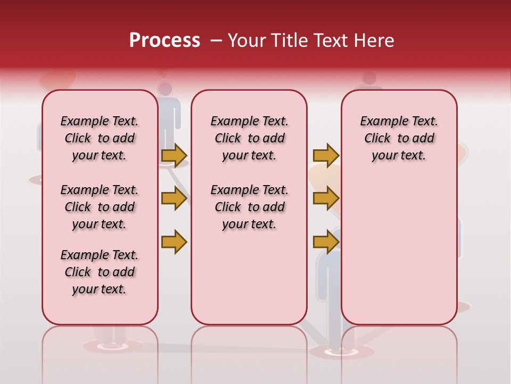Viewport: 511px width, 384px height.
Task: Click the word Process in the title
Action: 164,41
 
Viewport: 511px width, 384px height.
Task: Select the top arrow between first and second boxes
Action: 174,155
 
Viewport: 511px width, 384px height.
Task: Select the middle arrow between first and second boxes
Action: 174,198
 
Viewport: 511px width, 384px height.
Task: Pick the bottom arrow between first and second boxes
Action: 174,242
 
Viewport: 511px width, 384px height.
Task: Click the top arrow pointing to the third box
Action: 325,155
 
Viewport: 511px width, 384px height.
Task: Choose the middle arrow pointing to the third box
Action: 325,198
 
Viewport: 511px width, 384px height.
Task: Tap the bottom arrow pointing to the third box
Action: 325,242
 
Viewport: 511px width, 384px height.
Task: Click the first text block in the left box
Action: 99,138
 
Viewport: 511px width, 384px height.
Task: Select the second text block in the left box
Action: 99,207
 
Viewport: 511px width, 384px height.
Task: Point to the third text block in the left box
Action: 99,272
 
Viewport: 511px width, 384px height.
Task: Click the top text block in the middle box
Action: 249,138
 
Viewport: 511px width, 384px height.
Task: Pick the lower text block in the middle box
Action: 249,207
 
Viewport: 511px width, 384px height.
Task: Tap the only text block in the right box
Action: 399,138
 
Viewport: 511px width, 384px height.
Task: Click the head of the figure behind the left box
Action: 166,89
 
